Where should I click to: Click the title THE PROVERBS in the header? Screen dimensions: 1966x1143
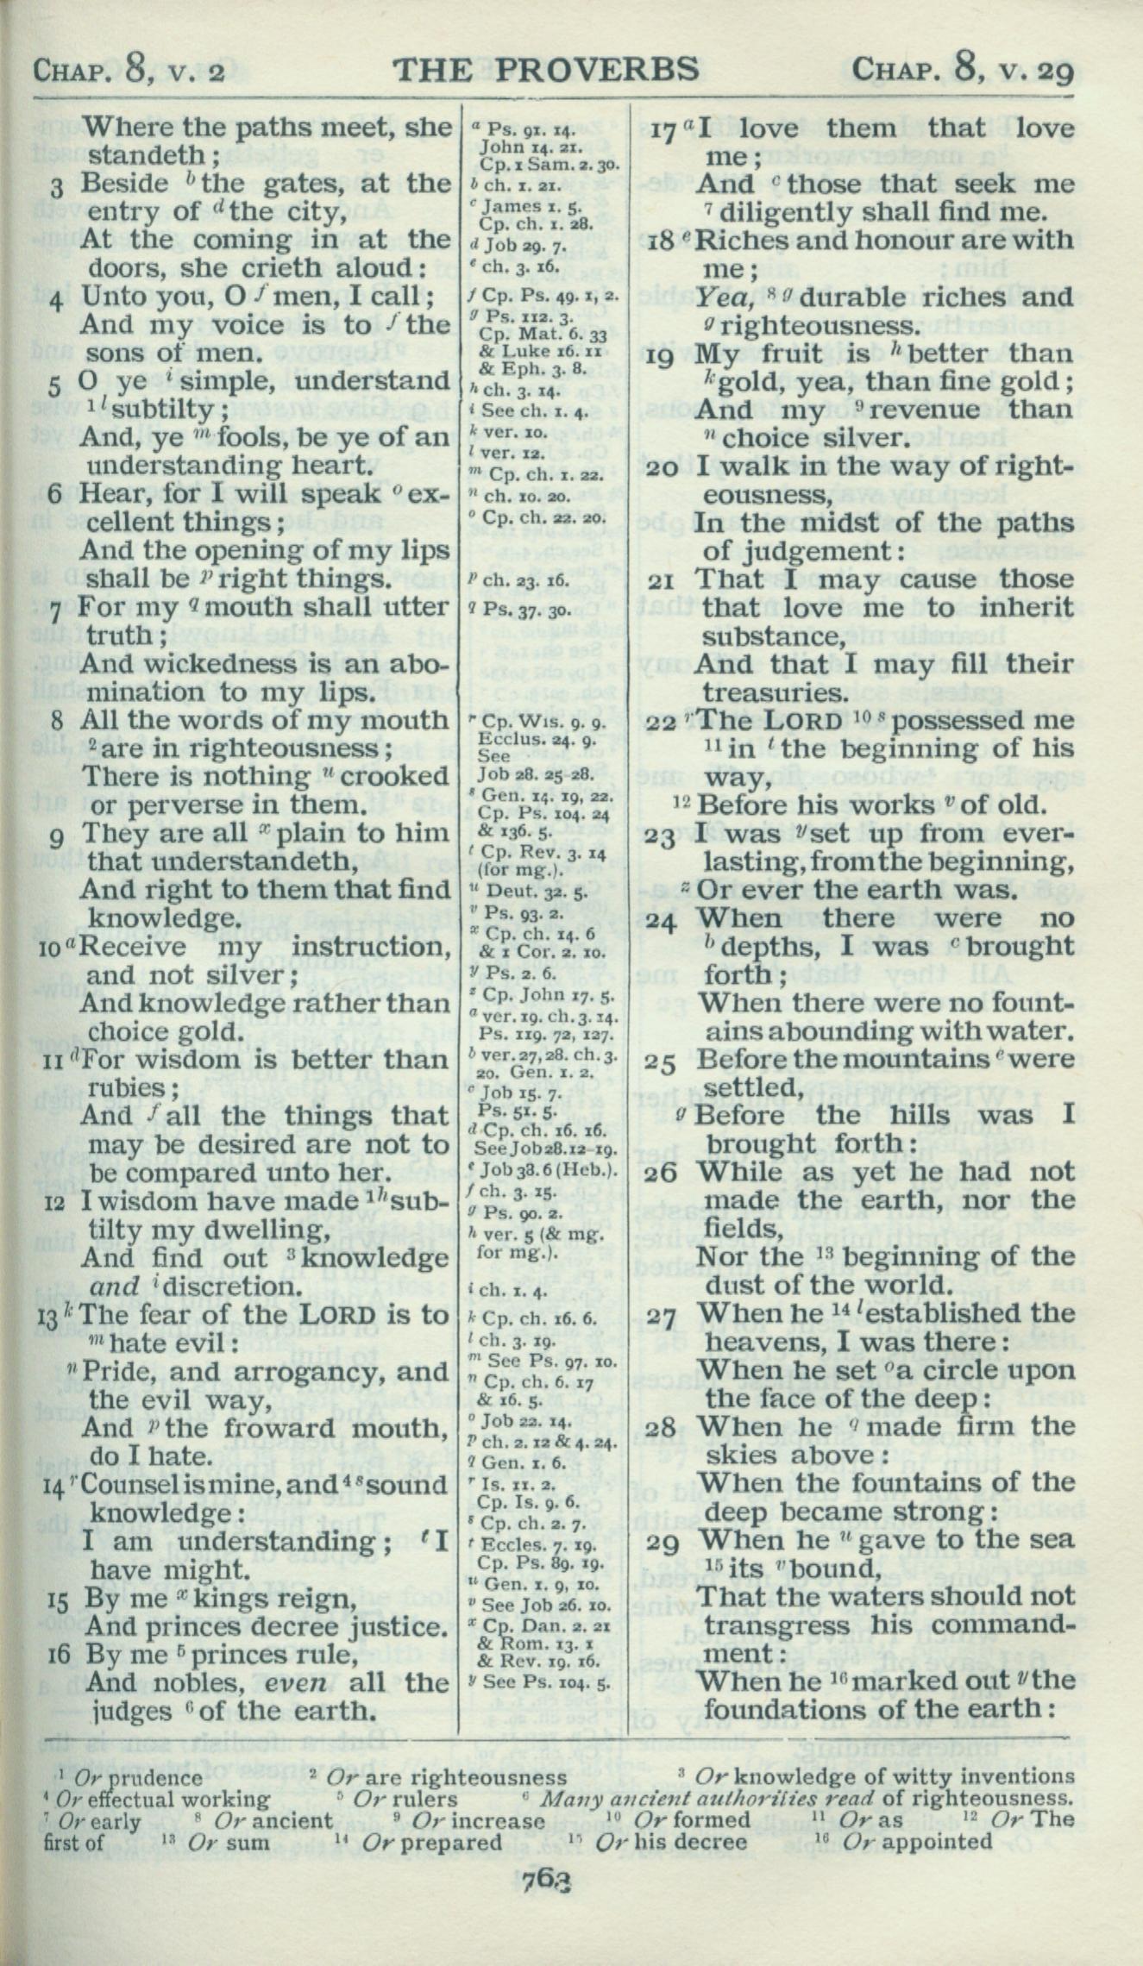[545, 70]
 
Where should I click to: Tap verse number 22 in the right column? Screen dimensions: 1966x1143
[660, 722]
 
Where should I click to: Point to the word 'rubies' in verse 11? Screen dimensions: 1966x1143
[126, 1088]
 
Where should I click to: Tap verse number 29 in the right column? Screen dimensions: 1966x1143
[664, 1542]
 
